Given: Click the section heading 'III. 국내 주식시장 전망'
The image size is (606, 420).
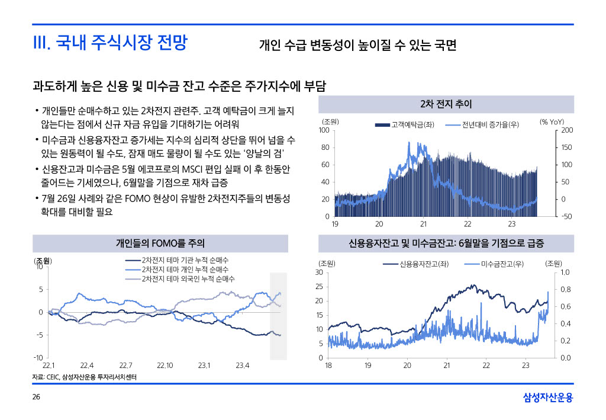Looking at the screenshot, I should pyautogui.click(x=110, y=43).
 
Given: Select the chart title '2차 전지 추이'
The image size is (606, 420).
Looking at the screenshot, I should pyautogui.click(x=446, y=104).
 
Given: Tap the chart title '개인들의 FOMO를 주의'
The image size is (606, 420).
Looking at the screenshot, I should pyautogui.click(x=160, y=243).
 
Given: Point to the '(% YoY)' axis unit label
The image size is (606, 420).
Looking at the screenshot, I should pyautogui.click(x=552, y=122).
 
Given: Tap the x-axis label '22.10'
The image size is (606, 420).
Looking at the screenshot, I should pyautogui.click(x=165, y=365).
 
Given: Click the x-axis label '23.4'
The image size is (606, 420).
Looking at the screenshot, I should pyautogui.click(x=243, y=365).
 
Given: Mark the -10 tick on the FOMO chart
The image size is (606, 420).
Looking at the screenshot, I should pyautogui.click(x=37, y=358).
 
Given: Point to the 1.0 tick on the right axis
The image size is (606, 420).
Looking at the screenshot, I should pyautogui.click(x=565, y=272).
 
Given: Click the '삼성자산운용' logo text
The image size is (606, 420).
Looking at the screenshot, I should pyautogui.click(x=548, y=398).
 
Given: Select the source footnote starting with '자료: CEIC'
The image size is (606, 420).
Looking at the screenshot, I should pyautogui.click(x=82, y=377).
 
